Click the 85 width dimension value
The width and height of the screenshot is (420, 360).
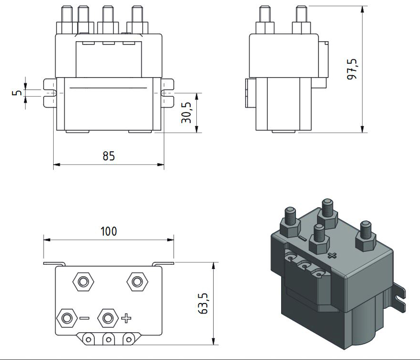[109, 157]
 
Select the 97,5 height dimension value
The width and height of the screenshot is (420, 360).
[353, 70]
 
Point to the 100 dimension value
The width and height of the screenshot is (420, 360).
[109, 231]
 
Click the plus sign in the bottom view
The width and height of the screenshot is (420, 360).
[126, 317]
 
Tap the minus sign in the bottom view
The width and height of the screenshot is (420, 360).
[84, 317]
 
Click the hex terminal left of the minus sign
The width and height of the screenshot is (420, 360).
[67, 317]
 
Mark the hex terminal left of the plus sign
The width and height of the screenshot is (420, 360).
[108, 317]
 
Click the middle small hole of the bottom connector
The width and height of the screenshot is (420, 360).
[108, 339]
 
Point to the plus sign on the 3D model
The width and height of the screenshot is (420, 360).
[331, 255]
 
